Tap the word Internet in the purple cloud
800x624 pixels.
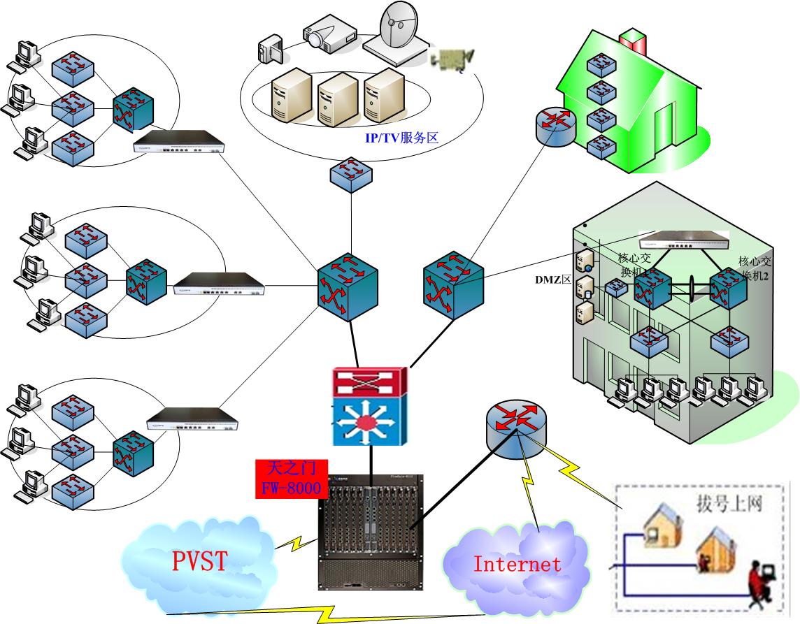click(517, 564)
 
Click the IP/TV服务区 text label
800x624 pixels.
click(401, 138)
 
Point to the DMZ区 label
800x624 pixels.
click(551, 280)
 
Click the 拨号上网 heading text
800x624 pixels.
click(728, 502)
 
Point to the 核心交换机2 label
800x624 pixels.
click(755, 267)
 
